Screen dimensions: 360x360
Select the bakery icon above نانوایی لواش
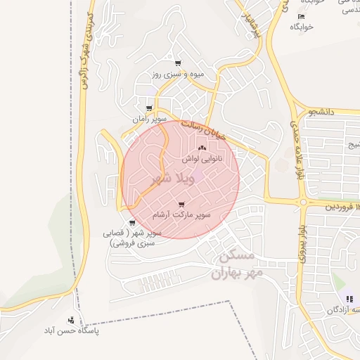pyautogui.click(x=202, y=148)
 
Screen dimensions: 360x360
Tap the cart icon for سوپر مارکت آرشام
pyautogui.click(x=184, y=204)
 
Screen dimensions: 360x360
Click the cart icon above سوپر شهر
pyautogui.click(x=134, y=222)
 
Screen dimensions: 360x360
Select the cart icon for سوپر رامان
pyautogui.click(x=148, y=108)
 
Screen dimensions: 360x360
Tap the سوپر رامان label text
pyautogui.click(x=151, y=120)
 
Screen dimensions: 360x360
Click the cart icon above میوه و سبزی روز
pyautogui.click(x=179, y=63)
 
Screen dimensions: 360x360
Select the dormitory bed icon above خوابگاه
pyautogui.click(x=301, y=16)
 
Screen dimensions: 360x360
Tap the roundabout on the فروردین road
pyautogui.click(x=304, y=202)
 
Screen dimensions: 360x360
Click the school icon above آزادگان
pyautogui.click(x=349, y=300)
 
